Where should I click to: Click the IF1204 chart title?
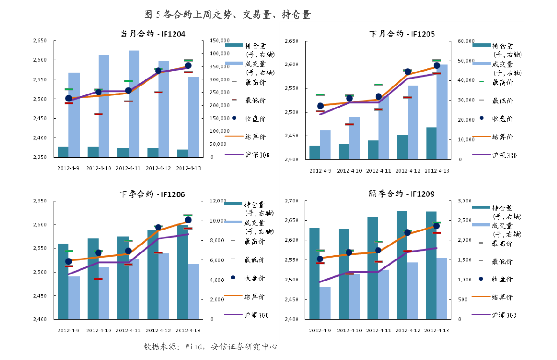[x=152, y=34]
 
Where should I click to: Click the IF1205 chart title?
[x=402, y=34]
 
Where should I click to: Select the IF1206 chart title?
[x=152, y=194]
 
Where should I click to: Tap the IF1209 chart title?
[x=402, y=194]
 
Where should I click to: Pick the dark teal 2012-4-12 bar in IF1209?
[x=402, y=265]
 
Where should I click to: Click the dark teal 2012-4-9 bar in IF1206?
[x=63, y=281]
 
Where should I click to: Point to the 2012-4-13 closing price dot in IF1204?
[x=188, y=65]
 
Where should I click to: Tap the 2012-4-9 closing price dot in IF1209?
[x=320, y=259]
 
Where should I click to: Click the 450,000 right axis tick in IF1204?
[x=219, y=41]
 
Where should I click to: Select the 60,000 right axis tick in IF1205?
[x=466, y=41]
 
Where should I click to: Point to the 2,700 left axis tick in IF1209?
[x=291, y=201]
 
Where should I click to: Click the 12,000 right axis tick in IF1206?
[x=218, y=201]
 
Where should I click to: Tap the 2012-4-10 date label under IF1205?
[x=349, y=171]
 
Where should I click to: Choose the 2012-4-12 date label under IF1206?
[x=158, y=331]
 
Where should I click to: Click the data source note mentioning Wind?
[x=210, y=347]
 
